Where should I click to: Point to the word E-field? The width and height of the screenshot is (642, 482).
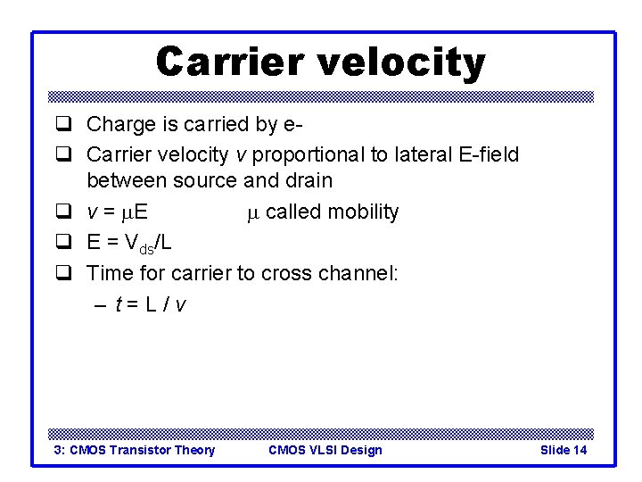point(485,154)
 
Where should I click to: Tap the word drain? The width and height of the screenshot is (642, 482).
point(307,180)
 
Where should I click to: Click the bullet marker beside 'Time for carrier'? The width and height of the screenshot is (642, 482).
point(63,273)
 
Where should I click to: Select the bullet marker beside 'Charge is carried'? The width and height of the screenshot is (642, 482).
point(63,125)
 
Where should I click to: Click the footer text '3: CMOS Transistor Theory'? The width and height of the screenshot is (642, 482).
point(135,450)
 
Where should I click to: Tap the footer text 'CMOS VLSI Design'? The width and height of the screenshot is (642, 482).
point(325,450)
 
